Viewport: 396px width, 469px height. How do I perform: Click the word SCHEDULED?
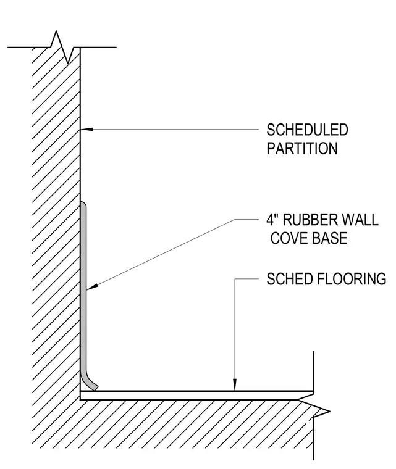(307, 130)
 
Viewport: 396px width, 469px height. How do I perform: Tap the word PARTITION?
(302, 148)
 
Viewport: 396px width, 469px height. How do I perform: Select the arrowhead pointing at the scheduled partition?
(87, 129)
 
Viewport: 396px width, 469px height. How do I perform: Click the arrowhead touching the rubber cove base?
(92, 287)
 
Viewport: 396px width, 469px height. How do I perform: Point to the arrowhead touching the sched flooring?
(235, 384)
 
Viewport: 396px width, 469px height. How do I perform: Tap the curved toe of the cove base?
(90, 383)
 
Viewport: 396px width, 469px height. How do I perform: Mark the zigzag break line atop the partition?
(62, 48)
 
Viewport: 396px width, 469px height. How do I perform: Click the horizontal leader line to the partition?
(170, 129)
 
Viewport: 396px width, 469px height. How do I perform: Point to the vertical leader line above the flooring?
(235, 334)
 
